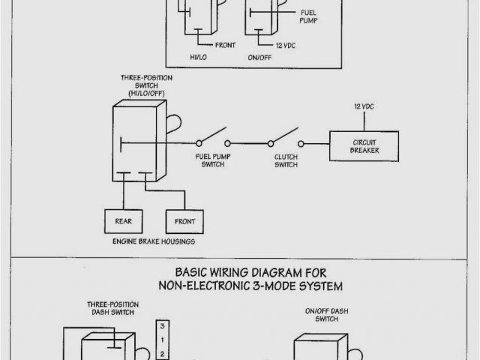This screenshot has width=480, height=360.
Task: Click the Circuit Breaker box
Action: tap(364, 145)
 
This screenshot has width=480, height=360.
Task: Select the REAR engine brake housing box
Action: tap(123, 221)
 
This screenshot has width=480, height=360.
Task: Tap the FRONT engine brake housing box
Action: tap(184, 221)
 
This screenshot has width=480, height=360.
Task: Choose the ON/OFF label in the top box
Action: tap(259, 55)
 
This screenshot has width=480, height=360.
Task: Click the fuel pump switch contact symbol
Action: tap(213, 139)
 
